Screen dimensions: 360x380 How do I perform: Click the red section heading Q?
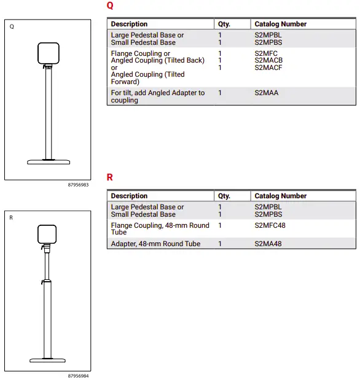pyautogui.click(x=110, y=6)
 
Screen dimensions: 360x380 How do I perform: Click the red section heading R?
pyautogui.click(x=110, y=177)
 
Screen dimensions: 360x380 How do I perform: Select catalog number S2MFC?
pyautogui.click(x=265, y=53)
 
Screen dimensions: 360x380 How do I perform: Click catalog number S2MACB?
pyautogui.click(x=268, y=61)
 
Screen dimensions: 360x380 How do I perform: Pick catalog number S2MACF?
pyautogui.click(x=268, y=68)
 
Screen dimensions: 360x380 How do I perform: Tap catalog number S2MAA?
pyautogui.click(x=266, y=93)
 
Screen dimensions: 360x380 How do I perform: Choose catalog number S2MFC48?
pyautogui.click(x=270, y=225)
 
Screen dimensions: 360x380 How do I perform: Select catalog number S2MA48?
pyautogui.click(x=268, y=244)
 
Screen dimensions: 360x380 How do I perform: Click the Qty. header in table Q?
pyautogui.click(x=224, y=24)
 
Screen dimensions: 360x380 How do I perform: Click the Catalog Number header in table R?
pyautogui.click(x=280, y=196)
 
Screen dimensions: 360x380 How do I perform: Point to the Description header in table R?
pyautogui.click(x=129, y=196)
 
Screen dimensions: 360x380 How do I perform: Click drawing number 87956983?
pyautogui.click(x=78, y=184)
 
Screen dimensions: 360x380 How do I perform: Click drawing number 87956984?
pyautogui.click(x=78, y=375)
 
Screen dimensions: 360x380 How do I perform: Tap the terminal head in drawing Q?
pyautogui.click(x=49, y=54)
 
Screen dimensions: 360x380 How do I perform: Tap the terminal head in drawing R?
pyautogui.click(x=47, y=235)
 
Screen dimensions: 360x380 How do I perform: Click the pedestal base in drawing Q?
pyautogui.click(x=49, y=162)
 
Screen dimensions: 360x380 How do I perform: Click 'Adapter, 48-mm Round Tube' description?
pyautogui.click(x=155, y=244)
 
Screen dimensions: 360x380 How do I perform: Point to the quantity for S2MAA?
pyautogui.click(x=220, y=93)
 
